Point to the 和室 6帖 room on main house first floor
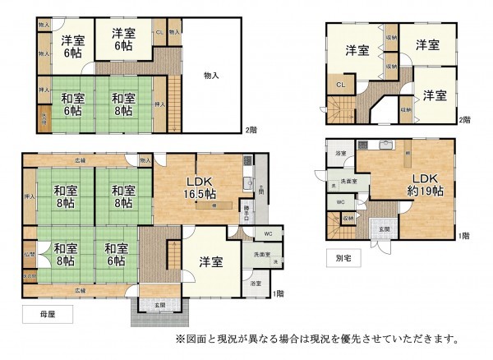[x=115, y=255]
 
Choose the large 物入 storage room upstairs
[x=211, y=76]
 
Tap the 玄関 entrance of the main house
[x=156, y=307]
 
